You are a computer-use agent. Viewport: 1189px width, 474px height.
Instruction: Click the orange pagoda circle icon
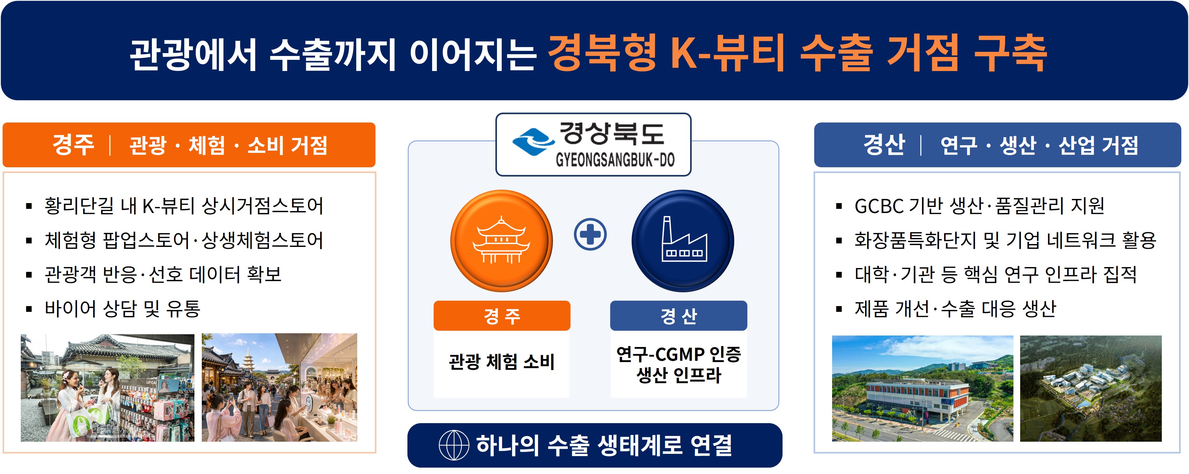[501, 241]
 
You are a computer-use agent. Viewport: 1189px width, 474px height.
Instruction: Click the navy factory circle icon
[683, 241]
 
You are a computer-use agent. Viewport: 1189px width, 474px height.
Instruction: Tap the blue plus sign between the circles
[590, 234]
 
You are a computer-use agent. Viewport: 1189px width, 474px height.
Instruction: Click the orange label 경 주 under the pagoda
[502, 316]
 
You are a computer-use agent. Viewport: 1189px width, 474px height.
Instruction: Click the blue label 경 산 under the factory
[679, 316]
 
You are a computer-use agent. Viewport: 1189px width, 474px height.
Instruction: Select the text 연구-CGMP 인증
[679, 354]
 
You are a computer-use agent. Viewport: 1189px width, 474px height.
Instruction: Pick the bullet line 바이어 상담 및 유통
[122, 308]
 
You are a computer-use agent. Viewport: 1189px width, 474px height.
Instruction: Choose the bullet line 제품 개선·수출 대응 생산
[955, 308]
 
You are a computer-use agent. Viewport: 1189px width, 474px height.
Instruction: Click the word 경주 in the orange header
[73, 145]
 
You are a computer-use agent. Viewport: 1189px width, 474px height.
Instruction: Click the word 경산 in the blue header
[884, 145]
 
